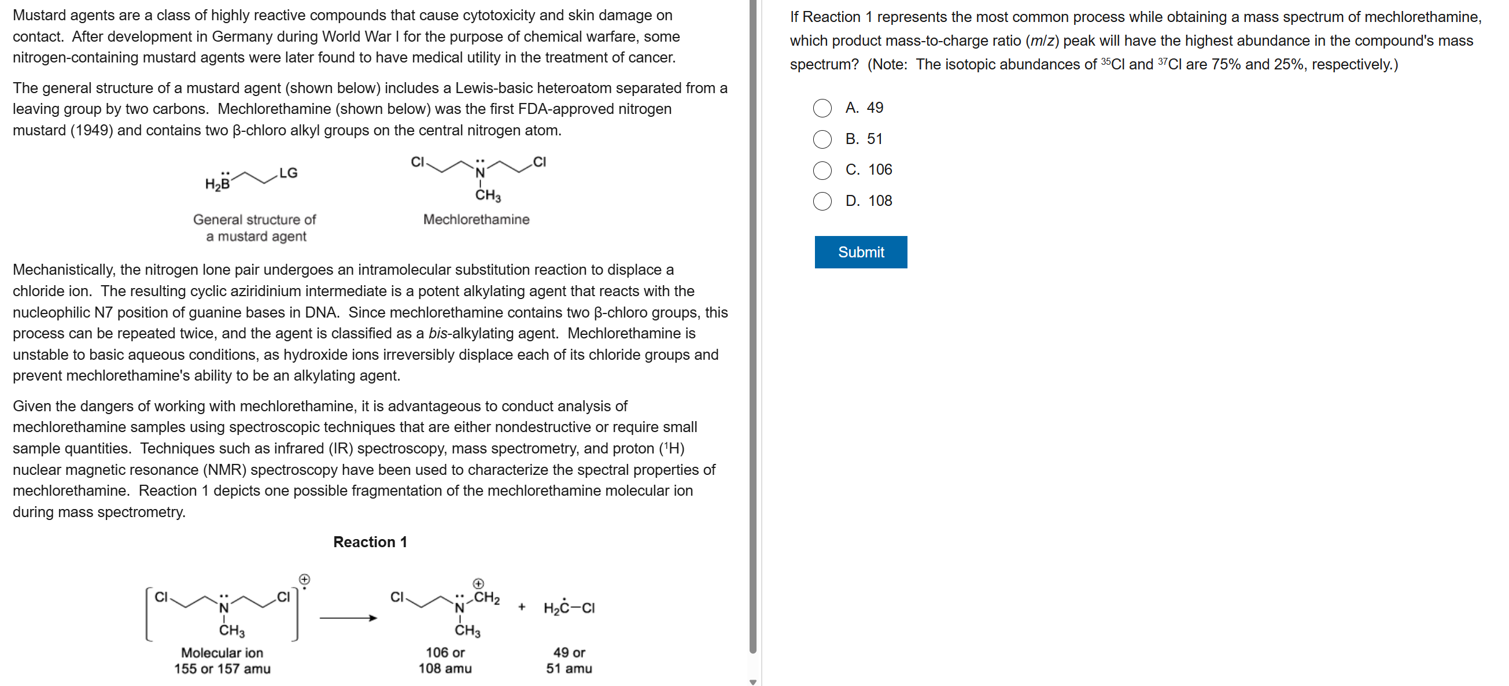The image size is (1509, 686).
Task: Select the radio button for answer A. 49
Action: click(822, 108)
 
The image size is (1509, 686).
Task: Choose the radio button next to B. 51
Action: click(822, 139)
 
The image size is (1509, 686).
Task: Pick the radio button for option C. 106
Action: click(822, 171)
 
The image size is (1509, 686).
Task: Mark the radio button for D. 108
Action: click(822, 201)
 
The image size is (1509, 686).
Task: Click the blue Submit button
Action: click(860, 252)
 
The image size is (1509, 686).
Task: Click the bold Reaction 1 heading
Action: click(370, 542)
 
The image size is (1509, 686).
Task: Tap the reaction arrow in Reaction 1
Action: click(348, 618)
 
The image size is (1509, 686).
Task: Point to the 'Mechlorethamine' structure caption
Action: click(475, 220)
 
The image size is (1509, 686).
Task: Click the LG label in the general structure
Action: click(288, 174)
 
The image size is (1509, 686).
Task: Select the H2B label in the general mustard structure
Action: click(217, 184)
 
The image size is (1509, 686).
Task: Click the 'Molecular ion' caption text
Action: click(222, 652)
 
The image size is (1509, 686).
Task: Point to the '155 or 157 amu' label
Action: click(222, 669)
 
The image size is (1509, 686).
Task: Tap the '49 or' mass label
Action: click(569, 652)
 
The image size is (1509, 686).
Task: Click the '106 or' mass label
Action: click(445, 652)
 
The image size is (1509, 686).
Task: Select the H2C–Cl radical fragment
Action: click(568, 608)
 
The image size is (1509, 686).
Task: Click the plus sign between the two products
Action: click(521, 607)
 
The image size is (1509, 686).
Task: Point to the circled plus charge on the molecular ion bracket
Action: click(305, 580)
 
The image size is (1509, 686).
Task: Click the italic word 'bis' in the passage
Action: click(437, 333)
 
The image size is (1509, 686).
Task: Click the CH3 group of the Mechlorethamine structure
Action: click(488, 195)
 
